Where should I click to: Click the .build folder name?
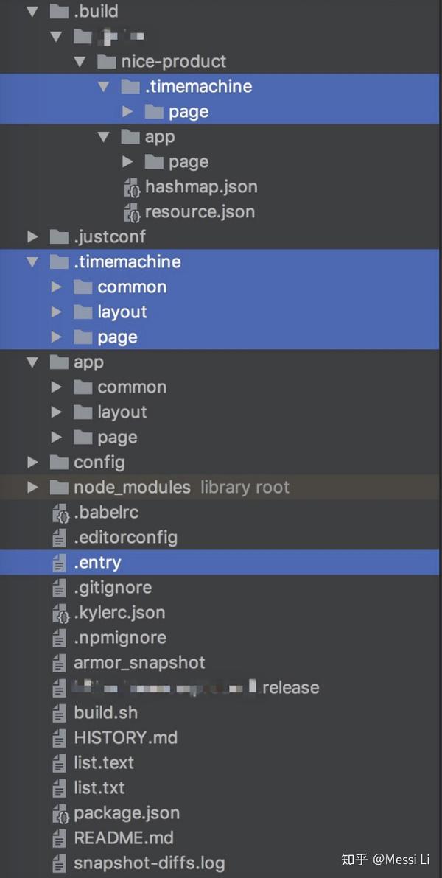[96, 11]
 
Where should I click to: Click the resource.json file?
[200, 211]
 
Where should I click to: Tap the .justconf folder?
[109, 236]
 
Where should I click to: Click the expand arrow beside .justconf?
[32, 236]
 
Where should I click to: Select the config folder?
[99, 462]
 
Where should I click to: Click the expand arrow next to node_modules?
[32, 487]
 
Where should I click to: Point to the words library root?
[245, 487]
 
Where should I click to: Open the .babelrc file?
[106, 512]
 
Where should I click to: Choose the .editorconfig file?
[125, 537]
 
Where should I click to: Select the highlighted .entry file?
[97, 562]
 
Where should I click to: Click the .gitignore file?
[113, 587]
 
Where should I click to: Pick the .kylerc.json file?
[119, 612]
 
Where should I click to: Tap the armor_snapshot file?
[139, 662]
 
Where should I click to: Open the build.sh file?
[105, 712]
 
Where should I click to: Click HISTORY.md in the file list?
[125, 737]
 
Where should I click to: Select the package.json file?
[127, 812]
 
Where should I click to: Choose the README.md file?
[124, 837]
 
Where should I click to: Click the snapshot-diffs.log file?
[149, 863]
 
